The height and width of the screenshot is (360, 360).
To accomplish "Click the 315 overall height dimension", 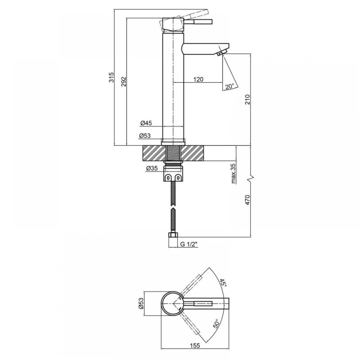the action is pos(111,77).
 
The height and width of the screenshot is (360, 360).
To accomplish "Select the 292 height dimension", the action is pos(124,81).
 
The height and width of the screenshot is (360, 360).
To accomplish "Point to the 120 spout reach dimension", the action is pos(198,80).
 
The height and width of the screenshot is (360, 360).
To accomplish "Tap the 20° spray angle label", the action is pos(230,86).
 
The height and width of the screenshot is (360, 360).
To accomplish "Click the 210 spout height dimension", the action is pos(247,99).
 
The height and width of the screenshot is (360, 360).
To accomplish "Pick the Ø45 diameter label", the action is pos(146,123).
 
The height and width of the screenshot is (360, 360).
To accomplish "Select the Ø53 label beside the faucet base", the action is pos(145,136).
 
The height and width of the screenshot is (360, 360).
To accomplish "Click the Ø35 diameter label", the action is pos(152,168).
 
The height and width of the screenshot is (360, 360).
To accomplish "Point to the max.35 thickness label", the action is pos(233,174).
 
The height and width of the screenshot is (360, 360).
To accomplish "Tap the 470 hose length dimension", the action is pos(247,200).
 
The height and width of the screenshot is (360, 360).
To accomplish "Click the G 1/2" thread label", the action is pos(189,244).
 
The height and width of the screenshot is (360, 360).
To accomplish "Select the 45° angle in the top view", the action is pos(223,283).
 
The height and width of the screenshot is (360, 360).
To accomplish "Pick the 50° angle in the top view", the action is pos(217,324).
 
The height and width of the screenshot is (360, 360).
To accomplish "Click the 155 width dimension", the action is pos(195,345).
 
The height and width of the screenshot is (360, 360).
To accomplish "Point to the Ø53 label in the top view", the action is pos(141,303).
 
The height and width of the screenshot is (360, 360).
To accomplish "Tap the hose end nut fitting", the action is pos(173,235).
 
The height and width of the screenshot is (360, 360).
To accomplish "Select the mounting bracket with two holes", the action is pos(173,177).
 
